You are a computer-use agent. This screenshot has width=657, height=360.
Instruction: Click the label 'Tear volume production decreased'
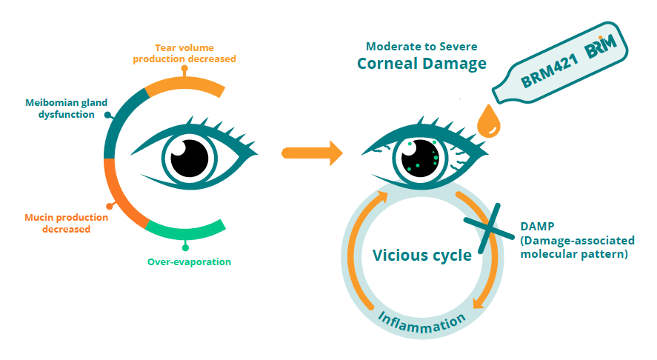click(184, 53)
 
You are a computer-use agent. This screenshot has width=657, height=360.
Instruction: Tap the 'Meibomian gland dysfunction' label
click(60, 108)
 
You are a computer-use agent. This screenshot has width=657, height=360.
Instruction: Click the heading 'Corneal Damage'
click(421, 63)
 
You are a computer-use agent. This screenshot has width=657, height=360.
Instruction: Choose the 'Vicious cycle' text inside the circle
click(421, 256)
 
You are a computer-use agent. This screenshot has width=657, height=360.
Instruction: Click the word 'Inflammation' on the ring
click(421, 321)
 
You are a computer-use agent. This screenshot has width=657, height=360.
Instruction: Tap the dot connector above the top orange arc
click(184, 69)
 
